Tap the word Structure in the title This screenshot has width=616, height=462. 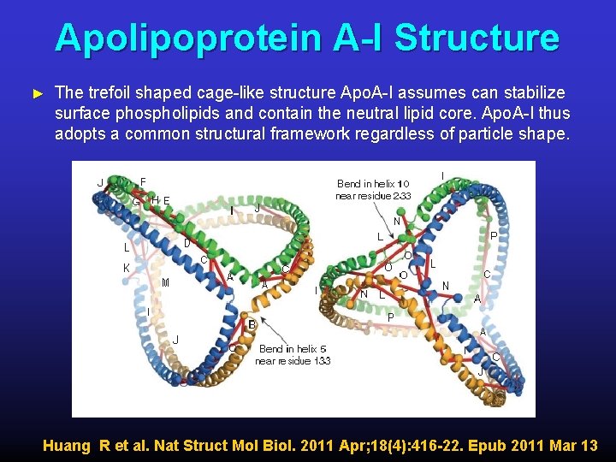click(x=477, y=38)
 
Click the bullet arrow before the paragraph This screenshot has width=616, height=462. click(x=36, y=92)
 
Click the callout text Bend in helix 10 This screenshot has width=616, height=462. click(x=374, y=183)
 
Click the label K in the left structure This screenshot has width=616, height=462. click(x=126, y=268)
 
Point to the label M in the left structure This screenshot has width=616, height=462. click(x=164, y=282)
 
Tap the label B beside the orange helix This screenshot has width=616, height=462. click(x=252, y=324)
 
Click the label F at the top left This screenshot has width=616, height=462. click(x=143, y=181)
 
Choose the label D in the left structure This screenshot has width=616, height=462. click(x=187, y=243)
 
